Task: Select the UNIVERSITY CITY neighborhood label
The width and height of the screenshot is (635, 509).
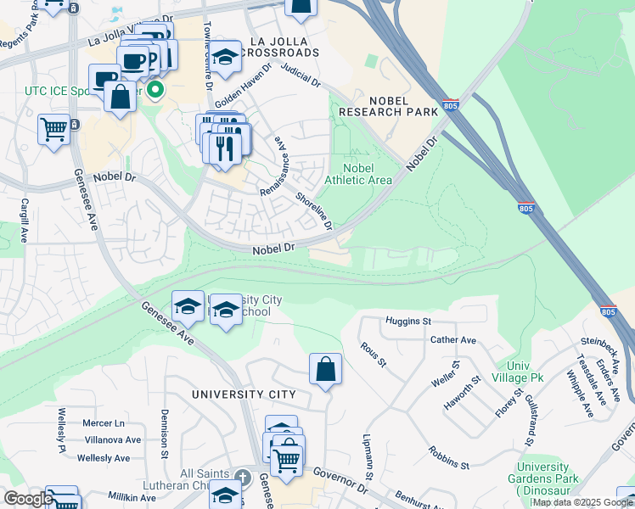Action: tap(244, 394)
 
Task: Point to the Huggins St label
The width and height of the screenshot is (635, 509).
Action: tap(408, 322)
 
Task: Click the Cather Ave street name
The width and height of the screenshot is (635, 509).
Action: tap(453, 340)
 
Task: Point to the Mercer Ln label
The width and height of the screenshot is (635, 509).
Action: tap(103, 422)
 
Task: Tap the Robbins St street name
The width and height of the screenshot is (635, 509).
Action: tap(448, 458)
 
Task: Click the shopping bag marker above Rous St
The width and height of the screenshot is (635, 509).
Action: tap(325, 370)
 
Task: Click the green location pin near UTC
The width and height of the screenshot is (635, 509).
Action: tap(155, 89)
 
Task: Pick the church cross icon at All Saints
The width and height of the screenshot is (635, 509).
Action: tap(241, 478)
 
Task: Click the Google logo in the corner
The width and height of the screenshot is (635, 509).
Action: tap(28, 499)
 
